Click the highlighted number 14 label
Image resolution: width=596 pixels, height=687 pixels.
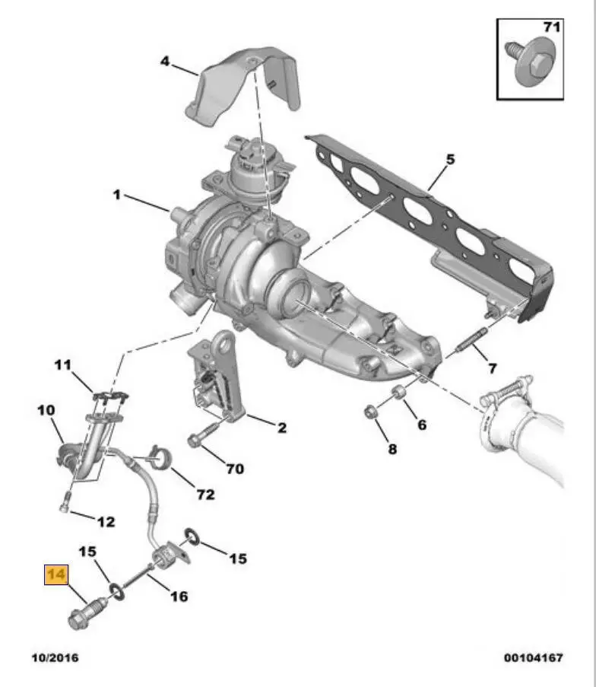(56, 574)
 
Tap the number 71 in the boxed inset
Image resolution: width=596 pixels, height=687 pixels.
(550, 28)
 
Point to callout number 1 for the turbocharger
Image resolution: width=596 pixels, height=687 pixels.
(116, 195)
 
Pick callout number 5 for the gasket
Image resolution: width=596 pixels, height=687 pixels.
(449, 160)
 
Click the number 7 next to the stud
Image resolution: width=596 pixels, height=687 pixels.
(492, 368)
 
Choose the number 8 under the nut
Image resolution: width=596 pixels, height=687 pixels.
(392, 449)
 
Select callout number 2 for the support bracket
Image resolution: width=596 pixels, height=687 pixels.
(281, 428)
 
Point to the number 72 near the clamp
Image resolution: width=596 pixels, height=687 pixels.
(205, 495)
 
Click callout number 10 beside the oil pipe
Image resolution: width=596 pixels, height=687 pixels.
(46, 410)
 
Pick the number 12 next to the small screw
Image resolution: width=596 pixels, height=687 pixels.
(106, 522)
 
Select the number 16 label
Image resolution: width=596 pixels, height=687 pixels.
(178, 596)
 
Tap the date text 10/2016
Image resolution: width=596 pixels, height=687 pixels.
(55, 657)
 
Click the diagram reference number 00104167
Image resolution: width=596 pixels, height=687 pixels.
(533, 657)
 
